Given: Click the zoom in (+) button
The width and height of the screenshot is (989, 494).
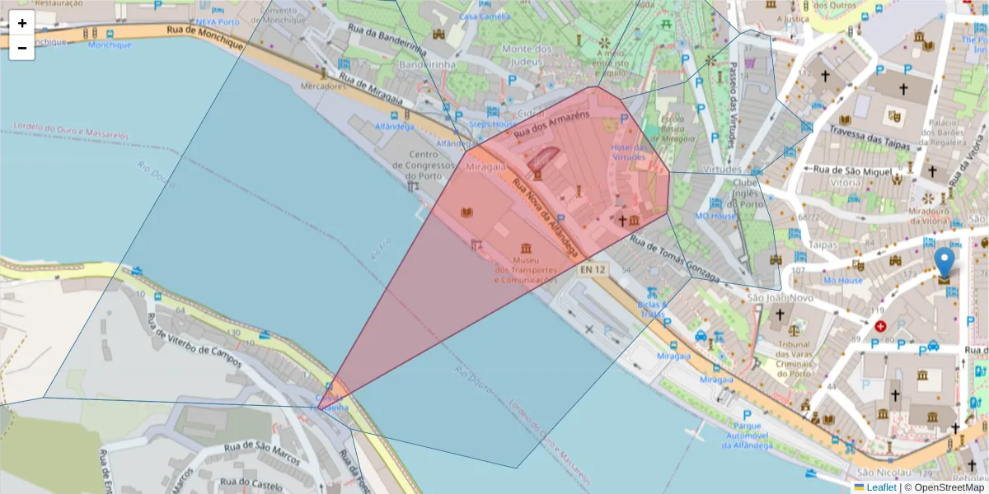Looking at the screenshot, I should [x=21, y=23].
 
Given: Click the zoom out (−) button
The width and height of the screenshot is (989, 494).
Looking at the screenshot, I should [x=21, y=48].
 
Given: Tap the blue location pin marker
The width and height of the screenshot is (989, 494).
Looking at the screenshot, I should [x=945, y=262].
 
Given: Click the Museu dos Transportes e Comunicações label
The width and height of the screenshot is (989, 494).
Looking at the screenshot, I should [x=526, y=270].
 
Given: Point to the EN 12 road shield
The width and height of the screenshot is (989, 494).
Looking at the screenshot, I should [x=593, y=269].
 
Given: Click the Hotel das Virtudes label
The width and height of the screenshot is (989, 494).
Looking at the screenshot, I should [x=629, y=151].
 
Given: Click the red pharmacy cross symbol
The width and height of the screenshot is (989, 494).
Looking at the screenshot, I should [x=881, y=326].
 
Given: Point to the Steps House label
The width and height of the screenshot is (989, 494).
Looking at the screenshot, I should [x=493, y=124].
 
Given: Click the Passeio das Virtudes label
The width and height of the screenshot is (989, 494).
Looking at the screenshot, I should [x=731, y=107].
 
